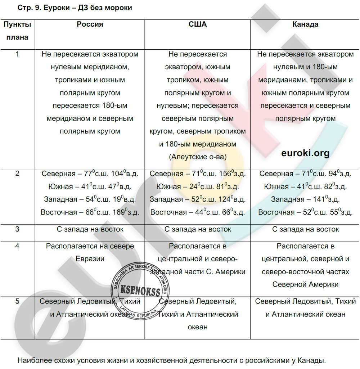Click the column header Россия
click(x=90, y=24)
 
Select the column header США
click(x=198, y=24)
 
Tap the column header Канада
click(x=305, y=24)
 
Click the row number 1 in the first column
click(x=17, y=54)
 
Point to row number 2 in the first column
click(x=17, y=174)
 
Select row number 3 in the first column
click(x=17, y=229)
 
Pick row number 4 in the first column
click(x=17, y=246)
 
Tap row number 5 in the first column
click(x=17, y=302)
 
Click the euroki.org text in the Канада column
click(x=305, y=153)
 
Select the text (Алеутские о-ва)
click(x=198, y=157)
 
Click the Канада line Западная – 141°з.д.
click(x=305, y=199)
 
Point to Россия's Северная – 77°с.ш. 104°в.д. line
click(x=90, y=174)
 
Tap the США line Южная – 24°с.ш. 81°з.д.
click(x=198, y=187)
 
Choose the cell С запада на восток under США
click(x=198, y=229)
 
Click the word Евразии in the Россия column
click(x=90, y=259)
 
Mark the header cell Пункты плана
click(x=17, y=31)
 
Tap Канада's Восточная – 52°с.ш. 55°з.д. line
click(x=305, y=212)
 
